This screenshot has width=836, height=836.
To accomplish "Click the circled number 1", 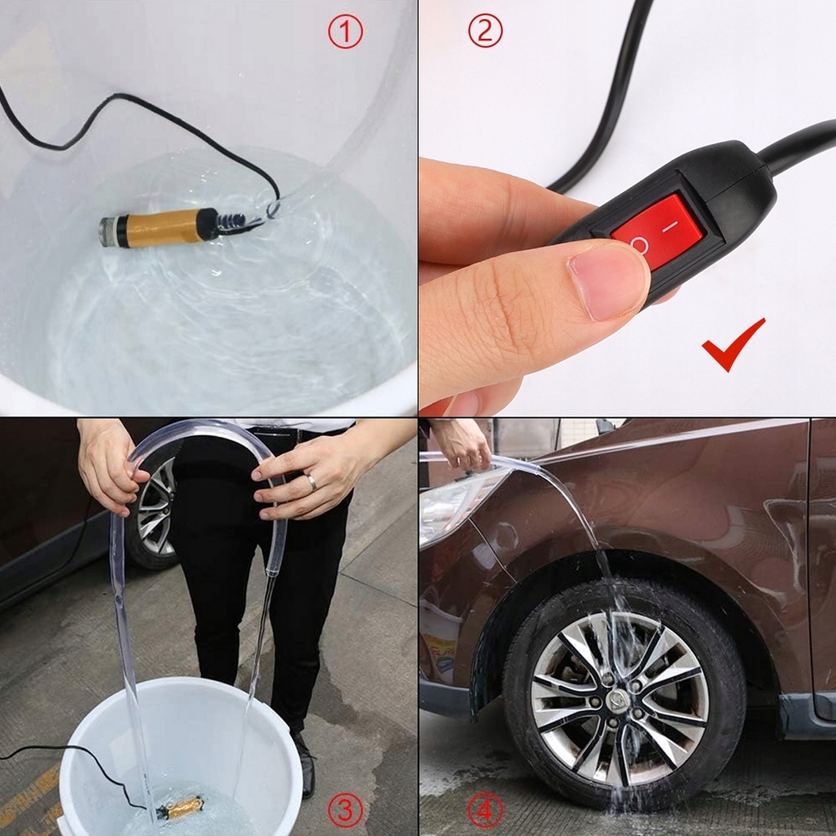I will (x=345, y=33).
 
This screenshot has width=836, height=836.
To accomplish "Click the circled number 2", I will (x=484, y=32).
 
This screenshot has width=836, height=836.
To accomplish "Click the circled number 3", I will (x=345, y=809).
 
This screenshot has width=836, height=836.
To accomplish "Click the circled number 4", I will (x=484, y=809).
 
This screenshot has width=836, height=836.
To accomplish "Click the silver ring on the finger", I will (x=311, y=483).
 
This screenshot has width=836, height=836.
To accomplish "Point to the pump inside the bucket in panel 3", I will (x=182, y=808).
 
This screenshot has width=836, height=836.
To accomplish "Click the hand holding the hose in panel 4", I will (x=463, y=444).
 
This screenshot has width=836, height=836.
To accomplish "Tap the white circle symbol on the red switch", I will (x=639, y=246).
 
